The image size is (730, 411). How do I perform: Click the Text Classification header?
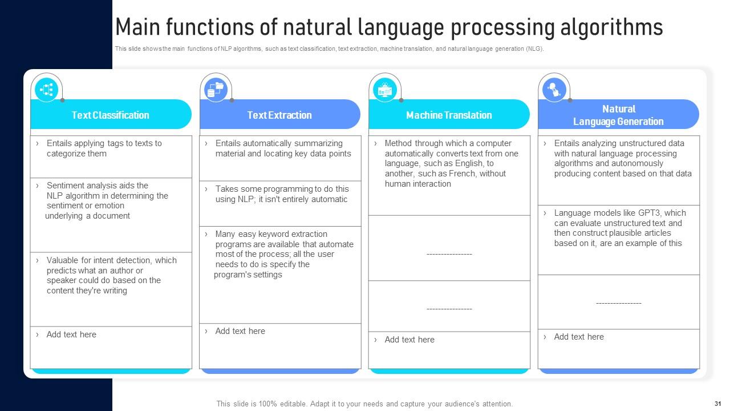(x=111, y=115)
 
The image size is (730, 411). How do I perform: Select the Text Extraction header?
(x=279, y=115)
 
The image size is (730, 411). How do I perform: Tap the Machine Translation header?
(x=449, y=115)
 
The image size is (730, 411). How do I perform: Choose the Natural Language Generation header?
(x=618, y=115)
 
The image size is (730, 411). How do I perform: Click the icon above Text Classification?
(x=47, y=89)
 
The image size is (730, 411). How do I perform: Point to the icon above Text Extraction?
(x=216, y=89)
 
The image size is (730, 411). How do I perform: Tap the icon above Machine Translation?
(x=385, y=89)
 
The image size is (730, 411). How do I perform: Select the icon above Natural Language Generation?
(x=554, y=89)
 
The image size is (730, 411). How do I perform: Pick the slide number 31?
(x=717, y=403)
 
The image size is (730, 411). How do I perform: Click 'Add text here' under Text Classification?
(x=71, y=335)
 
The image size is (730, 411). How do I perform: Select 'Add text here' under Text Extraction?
(x=240, y=331)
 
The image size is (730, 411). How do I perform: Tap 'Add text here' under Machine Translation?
(x=409, y=340)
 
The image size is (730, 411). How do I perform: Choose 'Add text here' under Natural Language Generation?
(x=579, y=337)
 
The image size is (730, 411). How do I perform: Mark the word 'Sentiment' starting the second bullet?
(x=64, y=186)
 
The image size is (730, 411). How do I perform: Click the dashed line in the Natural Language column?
(x=618, y=303)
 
